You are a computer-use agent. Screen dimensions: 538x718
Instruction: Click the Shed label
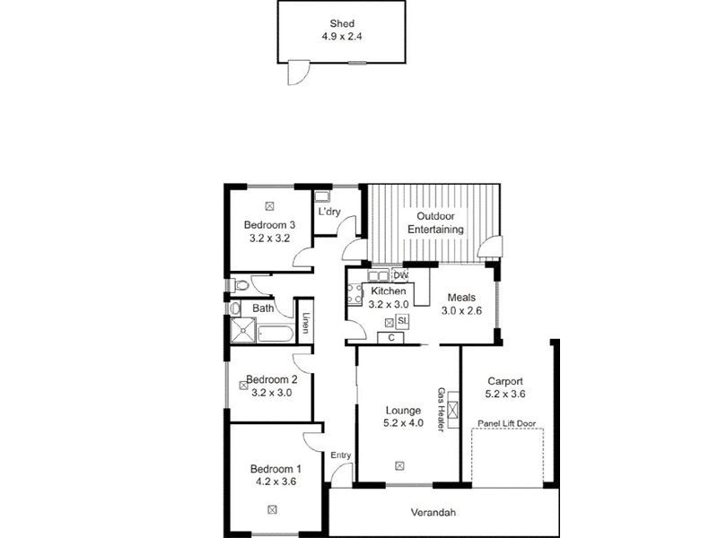click(x=340, y=24)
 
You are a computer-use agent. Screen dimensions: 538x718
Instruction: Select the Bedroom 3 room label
click(x=269, y=224)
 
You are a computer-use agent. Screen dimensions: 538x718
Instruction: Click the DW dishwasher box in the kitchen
click(x=400, y=275)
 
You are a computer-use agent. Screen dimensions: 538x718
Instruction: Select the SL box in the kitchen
click(x=403, y=321)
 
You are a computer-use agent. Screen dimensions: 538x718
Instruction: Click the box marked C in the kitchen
click(x=391, y=338)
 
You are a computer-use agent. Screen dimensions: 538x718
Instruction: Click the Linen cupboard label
click(x=305, y=323)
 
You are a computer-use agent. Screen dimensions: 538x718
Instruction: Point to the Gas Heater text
click(x=441, y=410)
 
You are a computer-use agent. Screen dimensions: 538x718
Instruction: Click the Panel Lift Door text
click(x=507, y=422)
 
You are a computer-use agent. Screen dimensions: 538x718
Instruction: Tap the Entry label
click(x=341, y=456)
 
